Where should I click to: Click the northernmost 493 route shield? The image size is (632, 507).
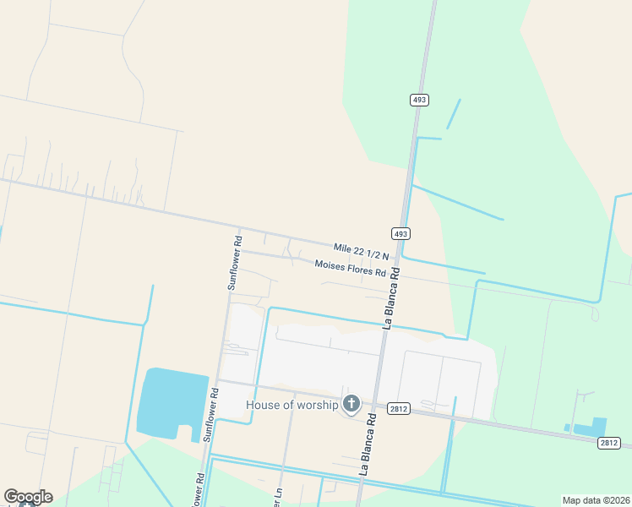click(x=420, y=100)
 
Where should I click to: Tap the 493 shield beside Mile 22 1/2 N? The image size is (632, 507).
click(x=400, y=233)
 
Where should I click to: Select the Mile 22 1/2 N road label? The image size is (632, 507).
click(x=361, y=251)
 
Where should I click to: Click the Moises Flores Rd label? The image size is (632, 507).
click(x=350, y=269)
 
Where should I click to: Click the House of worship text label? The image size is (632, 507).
click(x=291, y=405)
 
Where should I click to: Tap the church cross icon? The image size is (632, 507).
click(x=351, y=405)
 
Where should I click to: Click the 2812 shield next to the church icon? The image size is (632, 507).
click(x=399, y=409)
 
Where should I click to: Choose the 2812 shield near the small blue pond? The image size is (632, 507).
click(x=608, y=443)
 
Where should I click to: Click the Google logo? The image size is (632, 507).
click(x=28, y=497)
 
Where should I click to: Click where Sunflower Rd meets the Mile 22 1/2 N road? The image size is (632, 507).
click(x=240, y=228)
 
